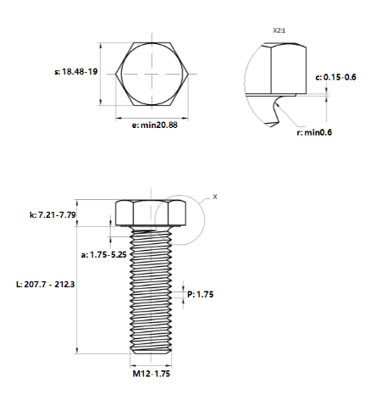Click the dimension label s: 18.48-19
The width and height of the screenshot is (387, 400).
tap(76, 71)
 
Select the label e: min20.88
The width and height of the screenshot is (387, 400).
tap(155, 125)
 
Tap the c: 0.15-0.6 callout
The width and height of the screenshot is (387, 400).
tap(335, 77)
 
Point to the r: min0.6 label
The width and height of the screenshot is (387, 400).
tap(314, 132)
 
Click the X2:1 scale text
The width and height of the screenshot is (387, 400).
tap(279, 31)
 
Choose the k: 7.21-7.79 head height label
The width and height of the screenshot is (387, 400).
tap(53, 215)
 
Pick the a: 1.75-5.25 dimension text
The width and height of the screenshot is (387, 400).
tap(104, 255)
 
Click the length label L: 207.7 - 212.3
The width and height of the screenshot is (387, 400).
tap(46, 284)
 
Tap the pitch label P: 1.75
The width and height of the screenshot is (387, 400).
tap(201, 294)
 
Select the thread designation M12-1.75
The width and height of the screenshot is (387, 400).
tap(152, 374)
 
